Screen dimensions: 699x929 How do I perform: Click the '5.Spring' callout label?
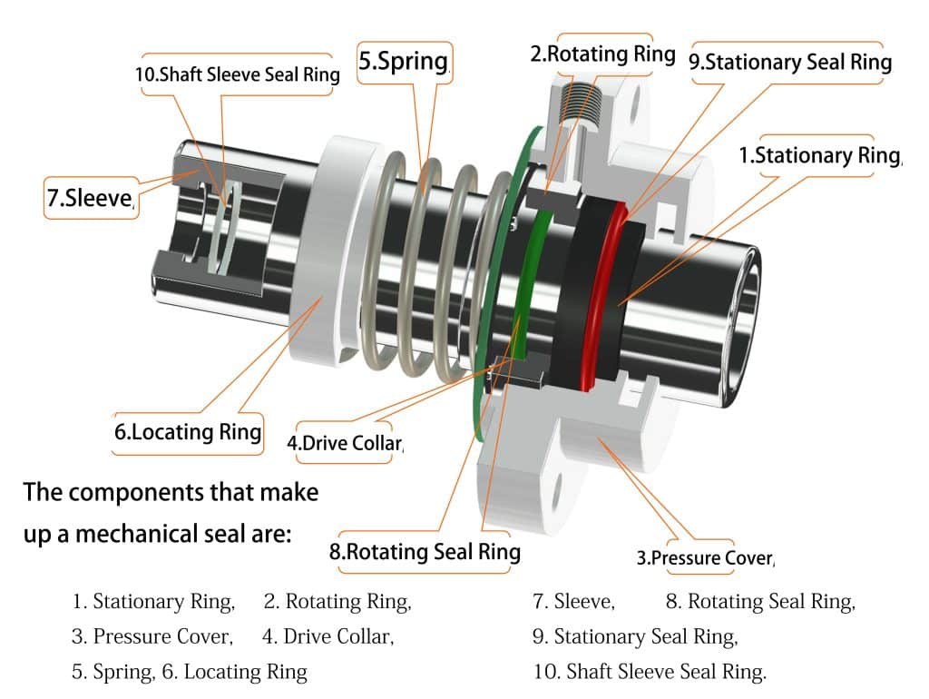[x=404, y=63]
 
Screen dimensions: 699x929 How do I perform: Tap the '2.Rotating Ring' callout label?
[x=602, y=54]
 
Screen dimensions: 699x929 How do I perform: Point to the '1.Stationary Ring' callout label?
[x=819, y=155]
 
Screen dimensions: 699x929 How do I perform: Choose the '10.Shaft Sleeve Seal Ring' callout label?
[x=237, y=74]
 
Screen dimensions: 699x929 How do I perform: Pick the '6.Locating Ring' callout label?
[x=188, y=432]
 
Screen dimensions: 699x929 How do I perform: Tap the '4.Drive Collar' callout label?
[x=344, y=444]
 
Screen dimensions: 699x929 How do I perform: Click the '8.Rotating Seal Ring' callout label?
[x=425, y=552]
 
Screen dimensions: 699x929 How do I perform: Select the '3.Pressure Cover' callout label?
[x=705, y=557]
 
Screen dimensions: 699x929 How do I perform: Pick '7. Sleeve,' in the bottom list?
[x=573, y=601]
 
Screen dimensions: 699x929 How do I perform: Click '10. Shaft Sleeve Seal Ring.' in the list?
[x=650, y=672]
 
